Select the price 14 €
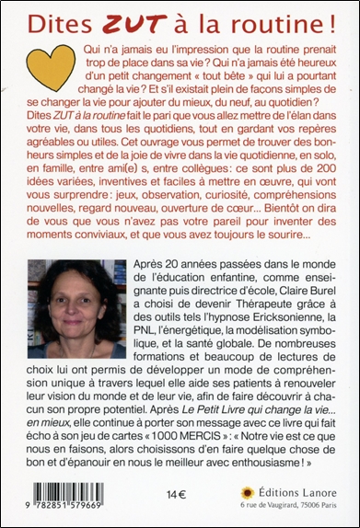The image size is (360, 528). click(x=169, y=493)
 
